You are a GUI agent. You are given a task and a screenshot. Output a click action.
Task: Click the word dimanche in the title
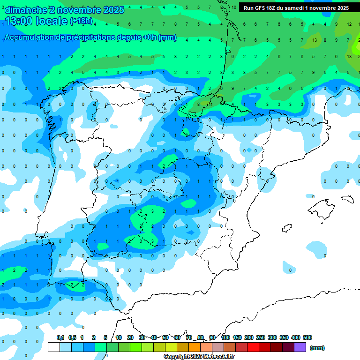click(x=26, y=10)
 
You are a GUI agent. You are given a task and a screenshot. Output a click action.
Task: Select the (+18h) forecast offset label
click(x=81, y=22)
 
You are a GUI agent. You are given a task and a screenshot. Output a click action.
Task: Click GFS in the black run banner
click(x=263, y=8)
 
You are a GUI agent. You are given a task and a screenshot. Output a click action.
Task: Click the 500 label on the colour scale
click(x=307, y=337)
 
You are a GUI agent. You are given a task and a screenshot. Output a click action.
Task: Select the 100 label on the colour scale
click(x=225, y=337)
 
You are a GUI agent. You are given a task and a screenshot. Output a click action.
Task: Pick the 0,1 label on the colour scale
click(x=60, y=337)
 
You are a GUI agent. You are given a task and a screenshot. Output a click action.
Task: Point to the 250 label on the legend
click(x=261, y=337)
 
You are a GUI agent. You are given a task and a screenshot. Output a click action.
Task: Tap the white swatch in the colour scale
click(x=53, y=347)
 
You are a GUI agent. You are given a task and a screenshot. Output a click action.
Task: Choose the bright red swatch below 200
click(x=253, y=347)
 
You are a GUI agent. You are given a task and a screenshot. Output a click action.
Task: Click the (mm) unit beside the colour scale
click(x=318, y=348)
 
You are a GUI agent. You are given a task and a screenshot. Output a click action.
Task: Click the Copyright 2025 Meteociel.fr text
click(x=199, y=357)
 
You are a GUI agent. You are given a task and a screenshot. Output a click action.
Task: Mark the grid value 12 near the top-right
click(x=349, y=23)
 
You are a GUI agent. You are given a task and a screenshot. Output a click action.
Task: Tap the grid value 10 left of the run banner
click(x=234, y=8)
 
